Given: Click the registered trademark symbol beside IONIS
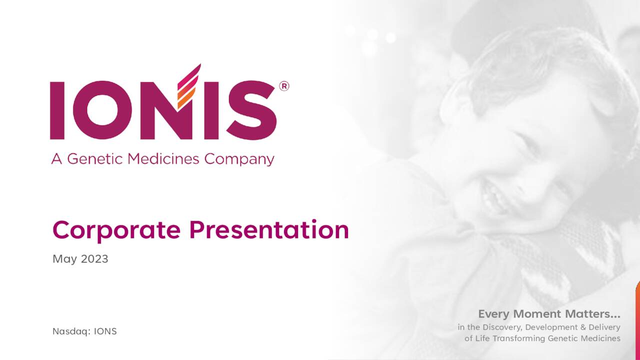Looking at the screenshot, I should tap(283, 86).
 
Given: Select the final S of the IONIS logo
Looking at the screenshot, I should tap(253, 110).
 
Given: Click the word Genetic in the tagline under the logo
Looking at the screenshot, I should tap(95, 159).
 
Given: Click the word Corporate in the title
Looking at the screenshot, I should tap(116, 230).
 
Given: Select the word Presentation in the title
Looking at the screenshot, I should tap(269, 230).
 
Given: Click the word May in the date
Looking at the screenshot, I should tap(63, 259).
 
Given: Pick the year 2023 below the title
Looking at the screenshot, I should tap(94, 259).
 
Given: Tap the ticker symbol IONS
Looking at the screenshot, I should tap(105, 331).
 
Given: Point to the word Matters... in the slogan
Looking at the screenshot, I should tap(593, 314).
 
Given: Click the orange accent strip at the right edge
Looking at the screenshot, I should tap(637, 320).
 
